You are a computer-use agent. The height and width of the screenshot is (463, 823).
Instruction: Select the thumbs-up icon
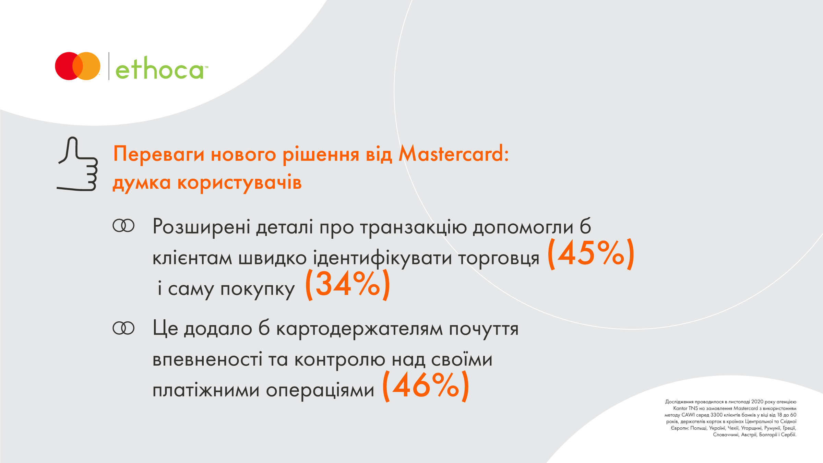77,164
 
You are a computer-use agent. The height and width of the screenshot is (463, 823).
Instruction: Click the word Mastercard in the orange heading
454,153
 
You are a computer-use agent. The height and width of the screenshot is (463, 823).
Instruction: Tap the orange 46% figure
425,386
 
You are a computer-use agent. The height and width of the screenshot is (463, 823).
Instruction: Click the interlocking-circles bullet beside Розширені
123,226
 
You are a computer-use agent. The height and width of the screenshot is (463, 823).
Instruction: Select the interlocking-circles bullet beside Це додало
123,328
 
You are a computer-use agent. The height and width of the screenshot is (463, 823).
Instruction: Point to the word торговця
499,259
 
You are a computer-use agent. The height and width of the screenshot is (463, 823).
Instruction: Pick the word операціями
320,391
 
